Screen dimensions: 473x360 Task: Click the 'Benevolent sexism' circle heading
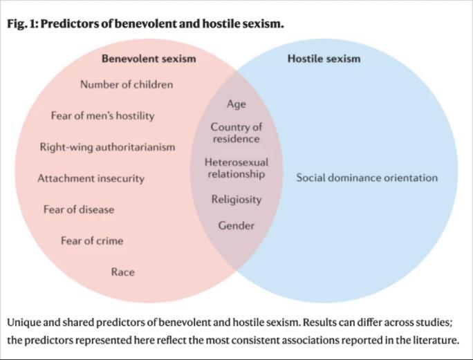point(149,59)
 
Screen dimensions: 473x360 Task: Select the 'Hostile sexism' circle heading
point(324,59)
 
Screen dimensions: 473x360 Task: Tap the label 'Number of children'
point(127,85)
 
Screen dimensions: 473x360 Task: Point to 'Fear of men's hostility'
point(102,116)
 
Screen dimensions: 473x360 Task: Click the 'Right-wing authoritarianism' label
point(107,147)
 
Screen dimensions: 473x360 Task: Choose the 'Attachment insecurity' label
point(91,178)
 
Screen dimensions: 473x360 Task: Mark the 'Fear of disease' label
point(79,209)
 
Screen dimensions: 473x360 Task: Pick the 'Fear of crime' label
point(92,240)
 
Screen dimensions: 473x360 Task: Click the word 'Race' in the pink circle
point(122,272)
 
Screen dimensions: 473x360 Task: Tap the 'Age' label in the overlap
point(236,104)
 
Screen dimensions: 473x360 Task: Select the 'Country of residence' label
point(236,133)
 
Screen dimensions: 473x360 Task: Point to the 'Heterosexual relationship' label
point(236,168)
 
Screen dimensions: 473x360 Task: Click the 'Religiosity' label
point(236,199)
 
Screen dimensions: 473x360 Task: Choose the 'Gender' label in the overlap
point(236,225)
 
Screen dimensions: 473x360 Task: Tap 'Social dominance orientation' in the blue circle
point(367,178)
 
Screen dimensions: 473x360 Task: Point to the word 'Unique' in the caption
point(25,323)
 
